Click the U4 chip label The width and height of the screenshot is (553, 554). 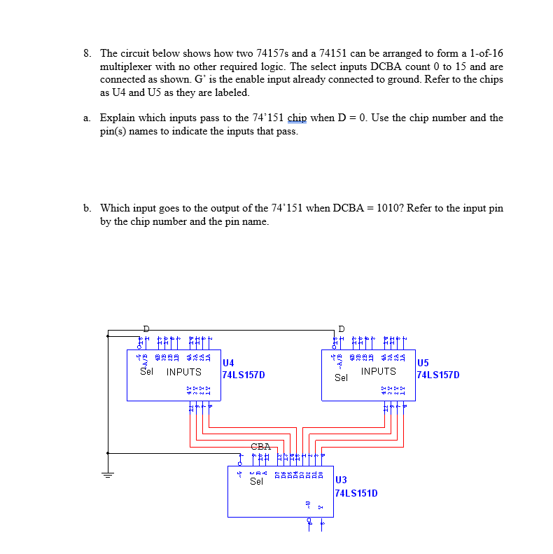tap(228, 363)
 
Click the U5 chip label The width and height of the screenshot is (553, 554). tap(423, 363)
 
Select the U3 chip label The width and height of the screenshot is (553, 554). tap(342, 480)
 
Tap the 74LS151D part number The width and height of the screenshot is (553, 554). tap(357, 493)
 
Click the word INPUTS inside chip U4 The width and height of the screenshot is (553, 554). tap(183, 372)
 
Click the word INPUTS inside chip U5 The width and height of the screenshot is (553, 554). tap(378, 371)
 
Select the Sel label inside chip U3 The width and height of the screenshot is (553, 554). tap(256, 481)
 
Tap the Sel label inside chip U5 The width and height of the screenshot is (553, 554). tap(341, 378)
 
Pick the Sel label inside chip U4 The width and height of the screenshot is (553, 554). tap(146, 371)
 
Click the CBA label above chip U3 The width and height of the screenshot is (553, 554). tap(260, 446)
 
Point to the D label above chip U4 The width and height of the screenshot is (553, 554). tap(146, 328)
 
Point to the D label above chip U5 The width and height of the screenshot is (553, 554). tap(341, 328)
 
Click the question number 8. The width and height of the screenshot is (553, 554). tap(86, 53)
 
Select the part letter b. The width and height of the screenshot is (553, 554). tap(86, 208)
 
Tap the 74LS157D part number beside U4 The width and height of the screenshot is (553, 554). tap(243, 375)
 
